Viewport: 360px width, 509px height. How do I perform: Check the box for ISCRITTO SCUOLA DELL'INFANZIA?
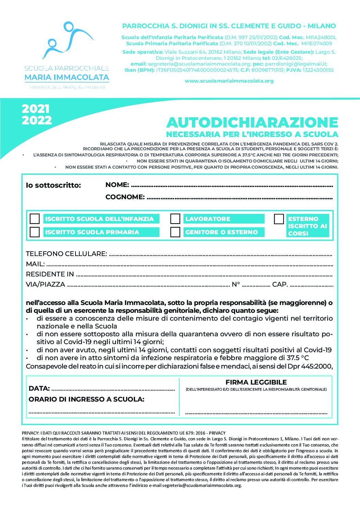click(35, 219)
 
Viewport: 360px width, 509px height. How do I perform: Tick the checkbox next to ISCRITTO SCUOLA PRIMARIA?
click(35, 232)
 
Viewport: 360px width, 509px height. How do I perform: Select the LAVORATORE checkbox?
click(175, 219)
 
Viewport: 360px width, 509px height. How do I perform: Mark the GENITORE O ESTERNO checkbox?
click(175, 232)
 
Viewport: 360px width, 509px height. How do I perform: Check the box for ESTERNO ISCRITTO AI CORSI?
click(279, 219)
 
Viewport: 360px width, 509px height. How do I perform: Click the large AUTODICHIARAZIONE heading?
click(252, 122)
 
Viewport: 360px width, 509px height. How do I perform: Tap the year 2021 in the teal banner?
click(36, 109)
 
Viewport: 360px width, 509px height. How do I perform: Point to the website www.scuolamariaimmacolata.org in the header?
click(229, 81)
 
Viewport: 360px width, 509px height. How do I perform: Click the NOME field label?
click(117, 185)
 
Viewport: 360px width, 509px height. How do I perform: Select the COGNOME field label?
click(125, 197)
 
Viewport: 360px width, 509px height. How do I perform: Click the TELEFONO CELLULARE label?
click(66, 254)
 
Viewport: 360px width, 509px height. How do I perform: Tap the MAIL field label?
click(35, 264)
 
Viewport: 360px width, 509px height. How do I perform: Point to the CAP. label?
click(280, 285)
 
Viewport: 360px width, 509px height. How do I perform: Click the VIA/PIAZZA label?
click(45, 285)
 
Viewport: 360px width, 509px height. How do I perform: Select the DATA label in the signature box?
click(39, 388)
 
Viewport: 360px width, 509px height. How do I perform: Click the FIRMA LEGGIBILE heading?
click(256, 382)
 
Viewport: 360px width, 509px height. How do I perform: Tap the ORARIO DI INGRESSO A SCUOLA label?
click(86, 399)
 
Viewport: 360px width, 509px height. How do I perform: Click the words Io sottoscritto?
click(53, 185)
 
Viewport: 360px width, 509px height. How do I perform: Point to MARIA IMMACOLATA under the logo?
click(67, 78)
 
